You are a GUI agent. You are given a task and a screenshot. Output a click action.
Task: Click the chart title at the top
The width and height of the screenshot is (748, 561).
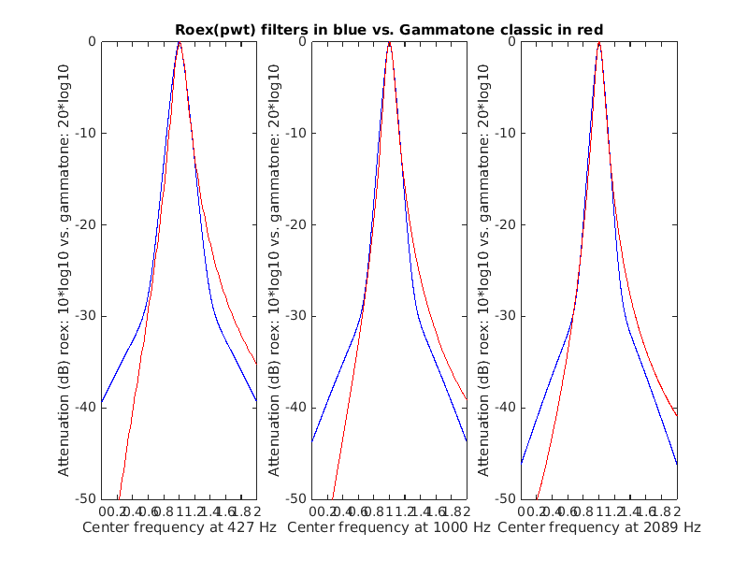388,29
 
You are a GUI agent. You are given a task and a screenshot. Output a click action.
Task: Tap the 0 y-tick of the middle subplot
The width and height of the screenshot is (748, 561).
302,41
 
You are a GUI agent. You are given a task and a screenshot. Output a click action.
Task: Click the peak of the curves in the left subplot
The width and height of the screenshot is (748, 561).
179,42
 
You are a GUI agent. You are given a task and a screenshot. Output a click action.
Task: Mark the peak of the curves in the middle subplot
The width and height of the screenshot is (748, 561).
389,42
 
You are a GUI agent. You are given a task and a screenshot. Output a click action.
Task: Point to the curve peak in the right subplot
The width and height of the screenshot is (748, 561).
599,42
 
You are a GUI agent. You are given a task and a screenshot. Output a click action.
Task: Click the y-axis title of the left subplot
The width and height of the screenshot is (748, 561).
65,269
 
